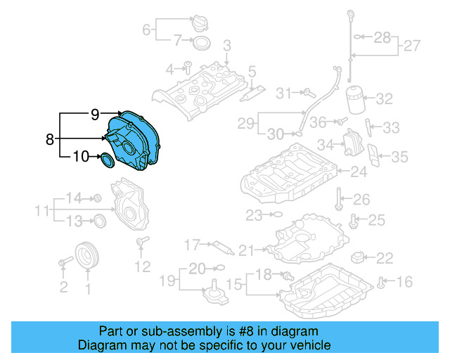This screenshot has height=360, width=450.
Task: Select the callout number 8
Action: pyautogui.click(x=49, y=139)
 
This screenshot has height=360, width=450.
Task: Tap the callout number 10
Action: pyautogui.click(x=82, y=157)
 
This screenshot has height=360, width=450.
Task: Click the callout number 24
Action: pyautogui.click(x=359, y=171)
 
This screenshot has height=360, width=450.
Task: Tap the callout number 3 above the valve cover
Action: pyautogui.click(x=226, y=46)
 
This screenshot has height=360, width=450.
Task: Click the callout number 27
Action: pyautogui.click(x=412, y=46)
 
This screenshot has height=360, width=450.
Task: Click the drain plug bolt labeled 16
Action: pyautogui.click(x=380, y=283)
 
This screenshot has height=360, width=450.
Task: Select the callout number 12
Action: pyautogui.click(x=143, y=266)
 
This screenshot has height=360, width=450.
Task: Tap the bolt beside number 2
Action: pyautogui.click(x=64, y=262)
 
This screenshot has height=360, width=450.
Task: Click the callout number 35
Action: pyautogui.click(x=399, y=157)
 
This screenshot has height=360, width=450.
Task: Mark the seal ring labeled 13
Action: pyautogui.click(x=100, y=221)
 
